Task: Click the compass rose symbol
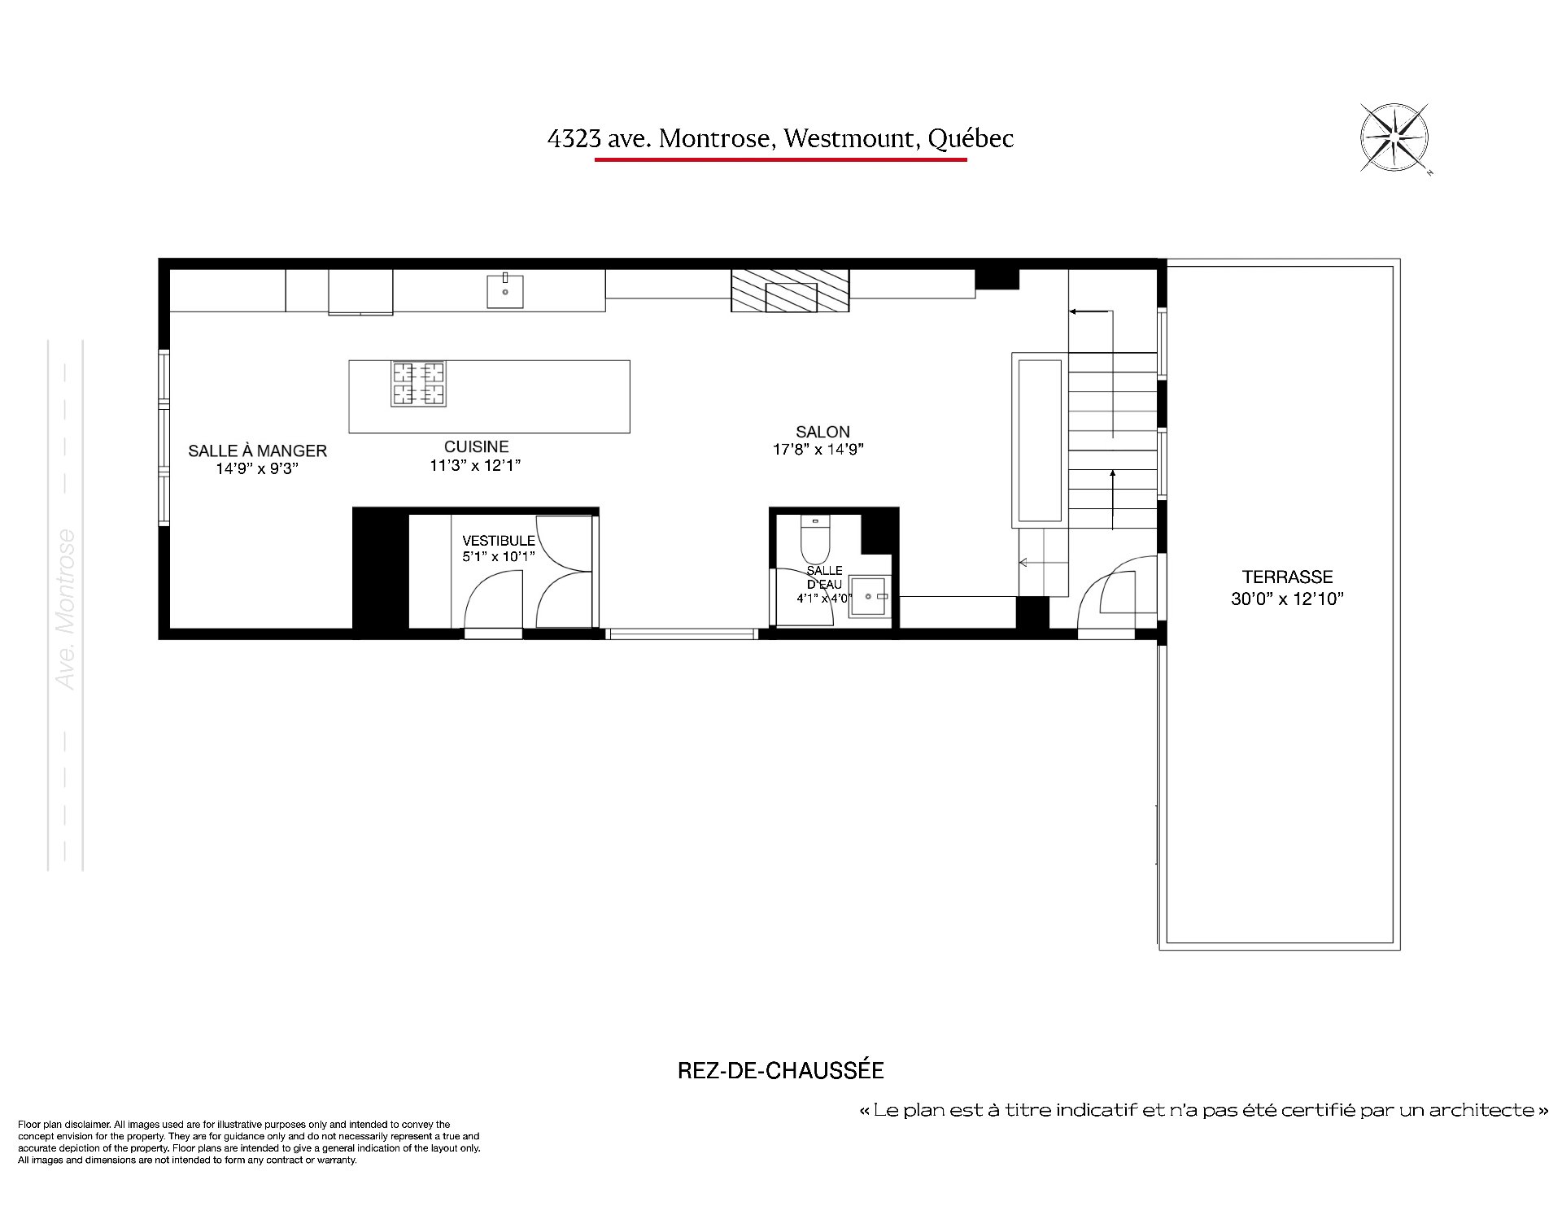(1394, 138)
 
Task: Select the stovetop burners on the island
(419, 384)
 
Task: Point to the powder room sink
(870, 596)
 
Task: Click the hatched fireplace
(790, 290)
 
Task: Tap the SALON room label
(822, 432)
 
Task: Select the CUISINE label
(476, 446)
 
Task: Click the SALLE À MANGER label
(257, 450)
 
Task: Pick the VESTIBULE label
(499, 540)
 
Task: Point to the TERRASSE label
(1287, 577)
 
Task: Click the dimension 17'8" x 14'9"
(818, 449)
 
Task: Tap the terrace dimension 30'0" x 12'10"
(1287, 599)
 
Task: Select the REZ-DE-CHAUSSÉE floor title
(780, 1070)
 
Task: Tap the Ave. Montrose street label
(66, 609)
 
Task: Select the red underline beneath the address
(780, 159)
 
